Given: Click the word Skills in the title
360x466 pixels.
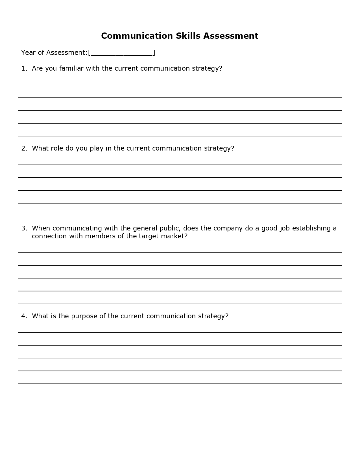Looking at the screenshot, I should (x=188, y=36).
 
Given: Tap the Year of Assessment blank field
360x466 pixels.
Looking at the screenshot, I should (x=122, y=53).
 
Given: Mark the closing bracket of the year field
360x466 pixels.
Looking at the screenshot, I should (x=154, y=53).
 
